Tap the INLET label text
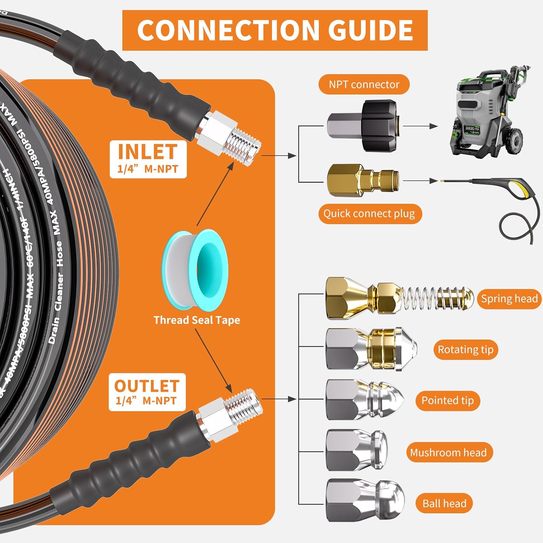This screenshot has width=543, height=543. (148, 152)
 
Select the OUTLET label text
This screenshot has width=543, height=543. (147, 386)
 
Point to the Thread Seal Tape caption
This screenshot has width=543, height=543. (197, 320)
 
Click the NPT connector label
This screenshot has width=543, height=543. (364, 84)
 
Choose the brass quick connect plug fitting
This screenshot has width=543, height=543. (362, 180)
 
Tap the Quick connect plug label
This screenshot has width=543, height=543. (369, 214)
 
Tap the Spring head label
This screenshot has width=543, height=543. (509, 299)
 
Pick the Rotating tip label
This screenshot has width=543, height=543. (466, 350)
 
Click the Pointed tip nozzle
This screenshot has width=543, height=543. (364, 400)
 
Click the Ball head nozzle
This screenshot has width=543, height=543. (364, 501)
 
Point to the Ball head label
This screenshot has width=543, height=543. (444, 504)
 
